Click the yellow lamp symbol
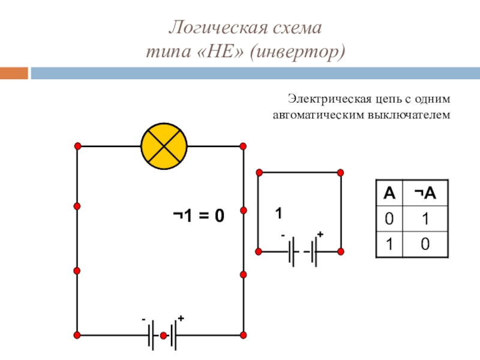click(x=164, y=146)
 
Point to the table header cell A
click(x=389, y=193)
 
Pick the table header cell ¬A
click(x=425, y=193)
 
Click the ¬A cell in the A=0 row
click(x=425, y=220)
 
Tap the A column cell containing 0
click(x=389, y=220)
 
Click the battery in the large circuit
click(x=163, y=335)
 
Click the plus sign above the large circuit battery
click(x=180, y=319)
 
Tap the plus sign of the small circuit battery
click(x=320, y=234)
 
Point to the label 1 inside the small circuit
click(x=278, y=214)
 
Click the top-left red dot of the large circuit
click(x=77, y=146)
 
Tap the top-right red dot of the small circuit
click(x=341, y=172)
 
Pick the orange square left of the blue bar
click(x=14, y=73)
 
